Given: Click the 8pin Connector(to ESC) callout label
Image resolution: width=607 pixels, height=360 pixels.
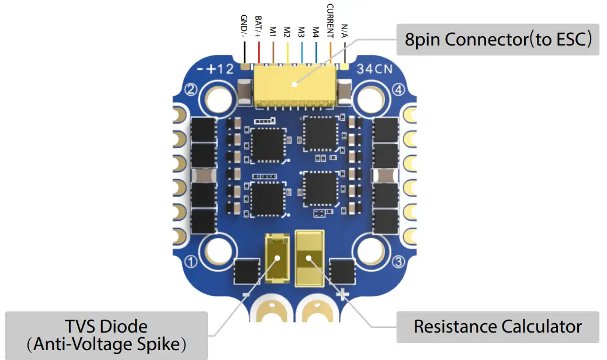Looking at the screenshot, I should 498,39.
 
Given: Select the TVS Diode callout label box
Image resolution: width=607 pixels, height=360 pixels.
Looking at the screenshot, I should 106,335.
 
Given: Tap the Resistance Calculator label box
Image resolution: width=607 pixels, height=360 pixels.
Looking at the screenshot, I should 497,326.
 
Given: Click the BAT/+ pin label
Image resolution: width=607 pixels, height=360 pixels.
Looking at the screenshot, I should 258,27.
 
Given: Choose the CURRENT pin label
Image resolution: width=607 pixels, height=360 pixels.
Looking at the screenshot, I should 330,20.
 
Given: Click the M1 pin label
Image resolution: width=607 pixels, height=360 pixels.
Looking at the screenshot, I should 272,31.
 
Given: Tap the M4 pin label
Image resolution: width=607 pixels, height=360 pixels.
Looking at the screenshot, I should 315,31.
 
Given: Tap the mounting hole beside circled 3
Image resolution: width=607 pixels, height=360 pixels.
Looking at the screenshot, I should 370,251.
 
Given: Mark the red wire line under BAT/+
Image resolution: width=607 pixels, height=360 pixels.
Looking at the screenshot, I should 258,51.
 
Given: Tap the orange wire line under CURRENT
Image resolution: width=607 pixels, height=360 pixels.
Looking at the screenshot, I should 330,51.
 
